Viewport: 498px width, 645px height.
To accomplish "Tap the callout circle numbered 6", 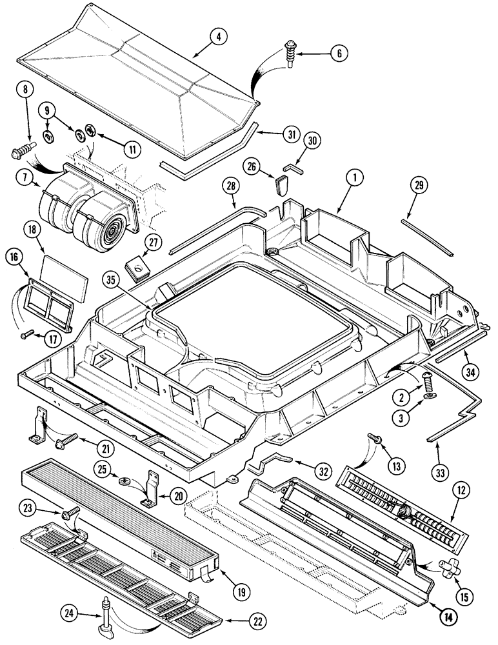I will [337, 54].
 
